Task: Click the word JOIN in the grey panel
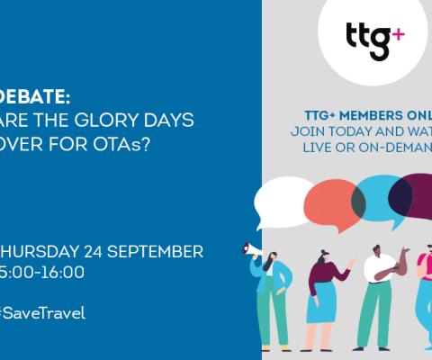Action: click(x=306, y=131)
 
